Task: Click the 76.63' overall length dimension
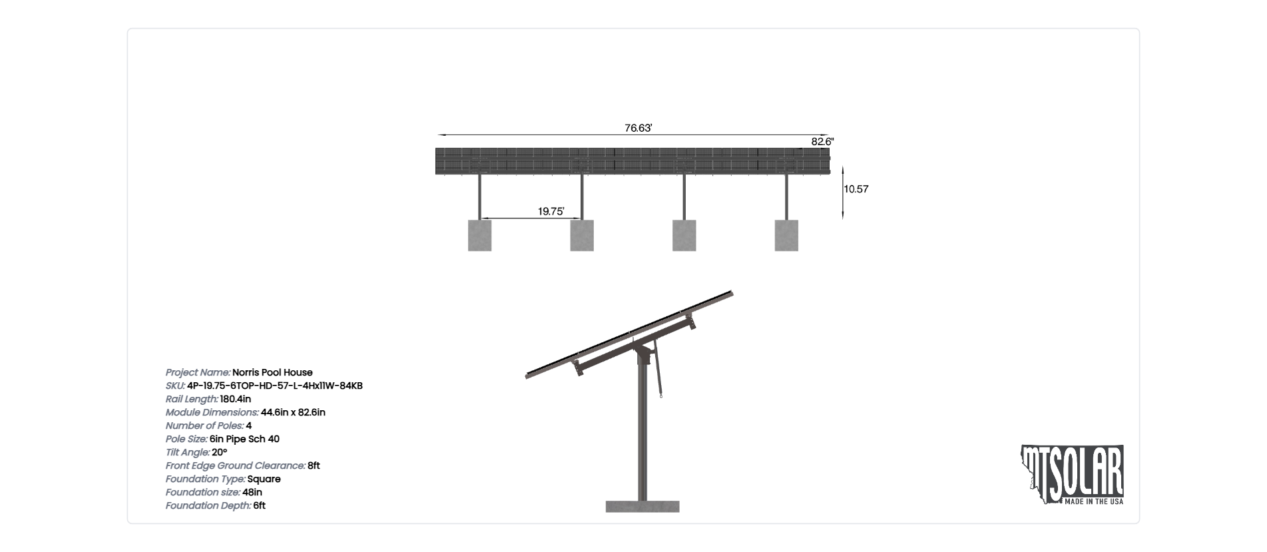(638, 128)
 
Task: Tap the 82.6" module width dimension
(822, 142)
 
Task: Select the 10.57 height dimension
(856, 189)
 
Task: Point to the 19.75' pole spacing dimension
(551, 212)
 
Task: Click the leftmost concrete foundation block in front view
(479, 236)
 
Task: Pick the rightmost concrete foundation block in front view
(786, 236)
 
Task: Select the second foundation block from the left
(582, 236)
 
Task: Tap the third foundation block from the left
(684, 236)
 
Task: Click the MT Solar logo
(1073, 475)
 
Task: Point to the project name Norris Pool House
(272, 372)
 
